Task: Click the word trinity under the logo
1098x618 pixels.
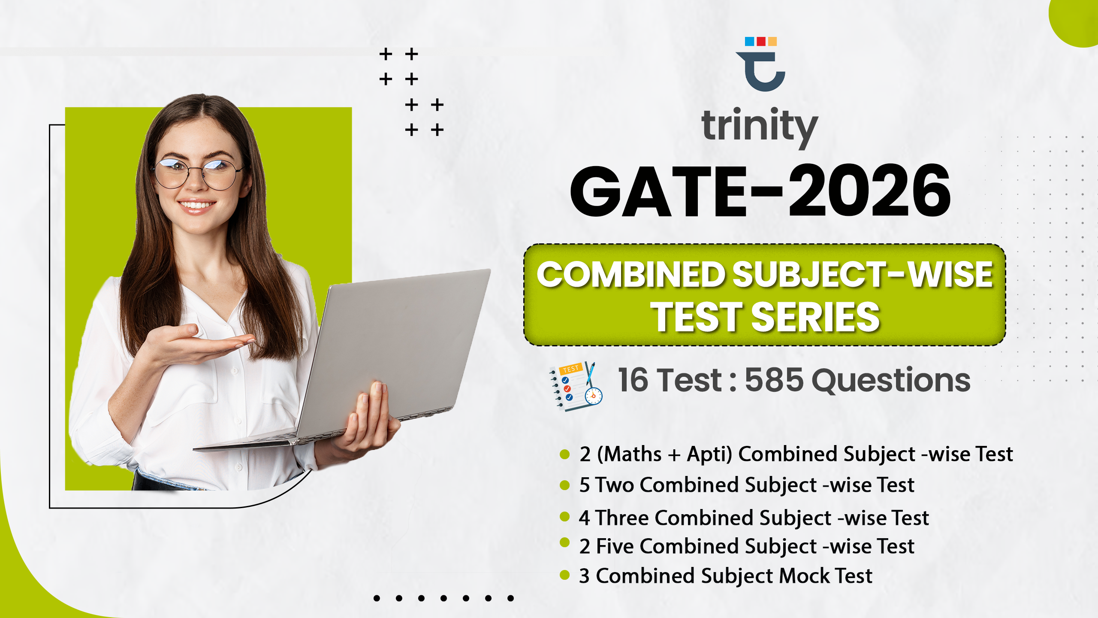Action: [760, 127]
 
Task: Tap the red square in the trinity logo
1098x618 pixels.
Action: [761, 41]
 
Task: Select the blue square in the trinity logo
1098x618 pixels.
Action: [749, 41]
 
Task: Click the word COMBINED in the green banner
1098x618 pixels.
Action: [631, 275]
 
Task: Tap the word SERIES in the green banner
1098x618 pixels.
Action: [815, 317]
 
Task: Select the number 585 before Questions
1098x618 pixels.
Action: [774, 380]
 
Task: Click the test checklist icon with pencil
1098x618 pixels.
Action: [576, 386]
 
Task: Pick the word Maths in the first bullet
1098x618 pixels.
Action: [633, 454]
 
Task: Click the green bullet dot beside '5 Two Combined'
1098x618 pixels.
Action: [565, 485]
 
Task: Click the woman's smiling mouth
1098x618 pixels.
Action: [197, 206]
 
